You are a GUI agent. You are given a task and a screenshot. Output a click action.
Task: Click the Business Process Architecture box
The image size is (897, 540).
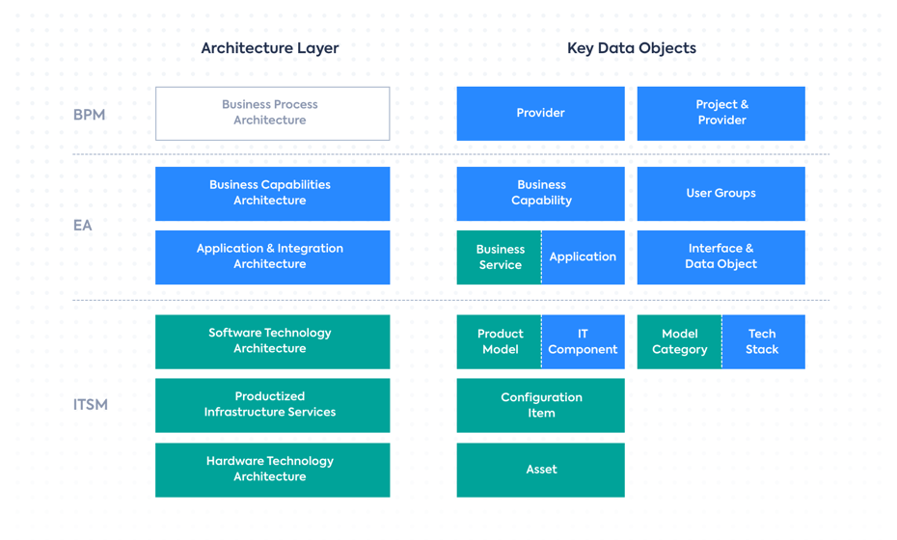[272, 113]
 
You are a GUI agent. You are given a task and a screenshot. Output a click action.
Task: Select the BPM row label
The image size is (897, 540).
[89, 115]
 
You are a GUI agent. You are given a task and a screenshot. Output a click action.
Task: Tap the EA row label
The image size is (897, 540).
[83, 226]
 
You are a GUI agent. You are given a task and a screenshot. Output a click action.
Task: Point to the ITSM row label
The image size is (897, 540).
[91, 405]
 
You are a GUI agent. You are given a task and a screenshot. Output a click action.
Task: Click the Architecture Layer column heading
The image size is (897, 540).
[270, 48]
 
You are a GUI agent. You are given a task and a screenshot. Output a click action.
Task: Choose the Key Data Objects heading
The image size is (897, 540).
[631, 48]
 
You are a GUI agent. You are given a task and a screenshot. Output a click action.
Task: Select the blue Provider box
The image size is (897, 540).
[540, 113]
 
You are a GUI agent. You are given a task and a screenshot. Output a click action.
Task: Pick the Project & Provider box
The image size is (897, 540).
[720, 113]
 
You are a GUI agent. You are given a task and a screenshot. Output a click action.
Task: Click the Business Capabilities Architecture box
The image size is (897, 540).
[272, 193]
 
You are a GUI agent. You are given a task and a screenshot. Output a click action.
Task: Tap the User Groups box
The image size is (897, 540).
[720, 193]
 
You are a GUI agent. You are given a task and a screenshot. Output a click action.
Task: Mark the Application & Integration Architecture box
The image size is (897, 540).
[272, 256]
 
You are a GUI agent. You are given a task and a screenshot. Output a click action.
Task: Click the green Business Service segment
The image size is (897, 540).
[499, 256]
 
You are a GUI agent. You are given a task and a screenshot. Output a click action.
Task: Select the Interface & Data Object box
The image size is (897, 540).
[720, 256]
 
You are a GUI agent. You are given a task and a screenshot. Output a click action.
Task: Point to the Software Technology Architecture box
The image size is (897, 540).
[272, 341]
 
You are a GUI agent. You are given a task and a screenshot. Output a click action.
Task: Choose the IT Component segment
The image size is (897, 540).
[583, 341]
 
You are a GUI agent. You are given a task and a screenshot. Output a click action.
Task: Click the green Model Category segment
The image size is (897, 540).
[679, 341]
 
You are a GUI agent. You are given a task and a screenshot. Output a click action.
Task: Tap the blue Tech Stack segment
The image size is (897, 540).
[762, 341]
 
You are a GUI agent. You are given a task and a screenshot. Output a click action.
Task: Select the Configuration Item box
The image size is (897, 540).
[540, 405]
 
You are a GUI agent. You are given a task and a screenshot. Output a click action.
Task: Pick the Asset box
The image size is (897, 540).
[540, 470]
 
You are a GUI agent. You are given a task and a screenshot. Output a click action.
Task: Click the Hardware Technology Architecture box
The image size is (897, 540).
[272, 470]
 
